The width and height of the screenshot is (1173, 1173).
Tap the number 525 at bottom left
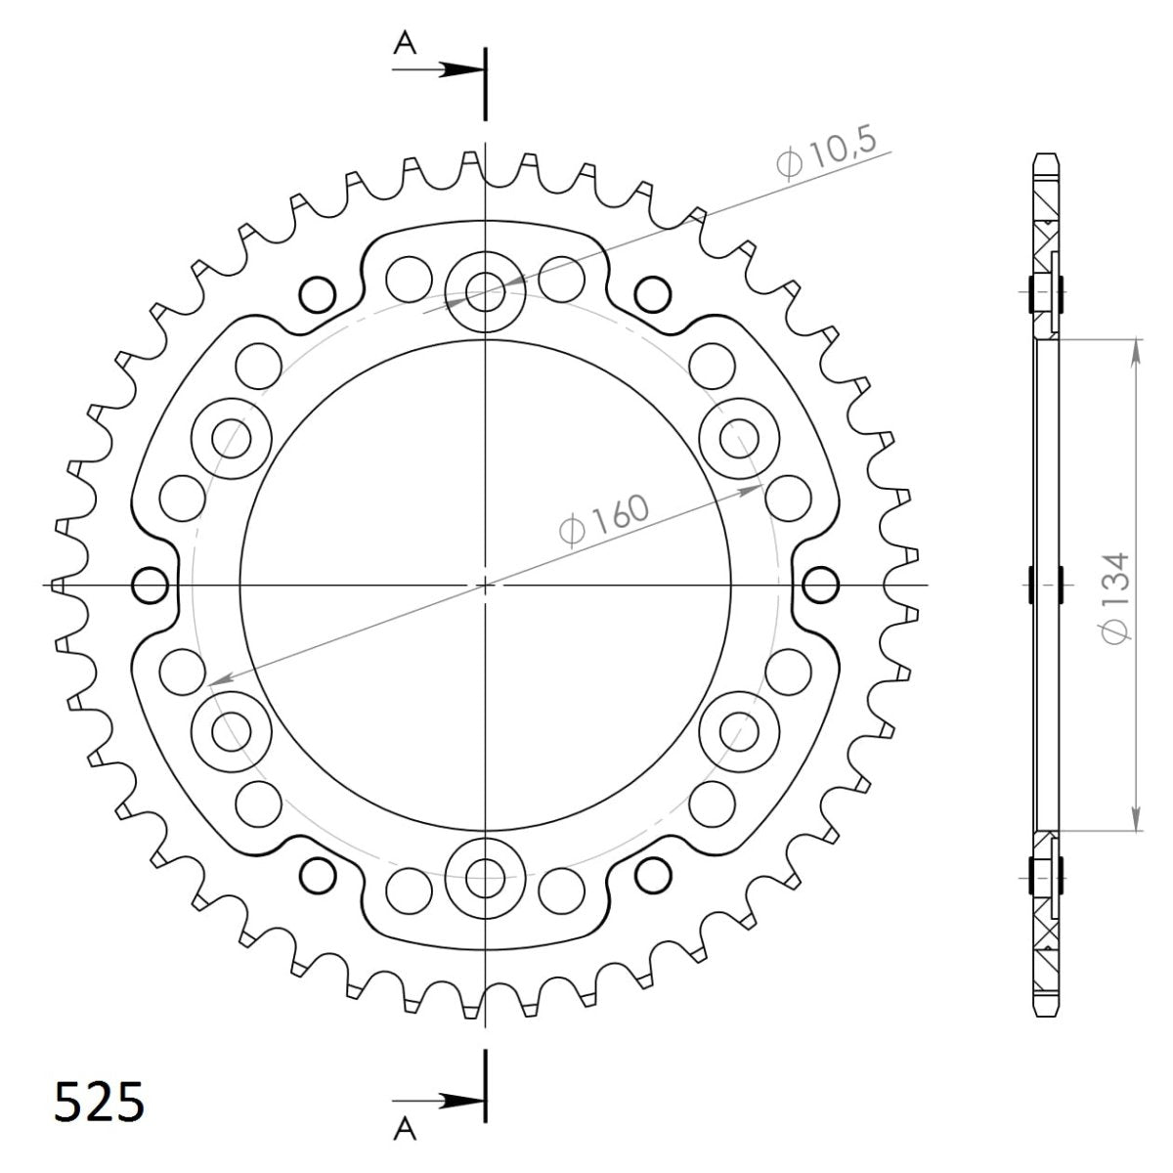99,1103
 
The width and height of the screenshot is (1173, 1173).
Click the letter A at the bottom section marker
404,1130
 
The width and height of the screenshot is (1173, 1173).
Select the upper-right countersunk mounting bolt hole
739,436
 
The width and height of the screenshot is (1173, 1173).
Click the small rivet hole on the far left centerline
149,586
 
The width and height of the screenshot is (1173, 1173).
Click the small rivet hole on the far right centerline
820,586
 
